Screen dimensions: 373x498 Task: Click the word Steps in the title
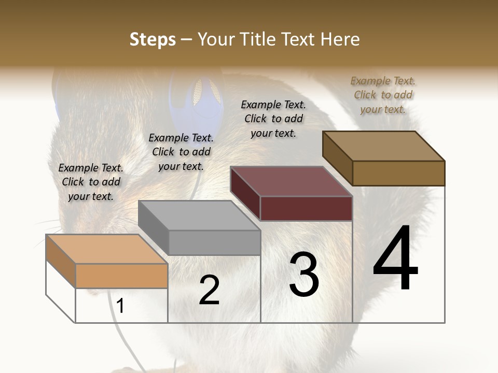coord(153,39)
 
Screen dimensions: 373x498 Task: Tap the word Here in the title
coord(340,39)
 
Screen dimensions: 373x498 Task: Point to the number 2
coord(209,290)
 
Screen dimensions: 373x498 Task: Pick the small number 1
coord(120,306)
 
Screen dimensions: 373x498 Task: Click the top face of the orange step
coord(106,249)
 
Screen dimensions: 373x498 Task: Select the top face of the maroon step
coord(291,181)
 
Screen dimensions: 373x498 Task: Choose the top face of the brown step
coord(383,146)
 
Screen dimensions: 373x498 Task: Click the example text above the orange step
coord(91,182)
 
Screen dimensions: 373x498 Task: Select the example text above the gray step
coord(181,152)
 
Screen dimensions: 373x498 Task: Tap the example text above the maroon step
coord(273,119)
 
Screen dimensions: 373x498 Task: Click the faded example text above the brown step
coord(383,95)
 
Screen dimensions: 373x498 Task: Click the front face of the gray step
coord(214,242)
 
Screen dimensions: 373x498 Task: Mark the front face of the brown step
coord(398,173)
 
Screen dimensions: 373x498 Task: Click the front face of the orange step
coord(121,276)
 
